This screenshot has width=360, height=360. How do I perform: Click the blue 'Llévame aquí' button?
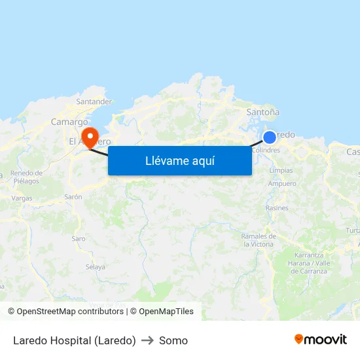[179, 160]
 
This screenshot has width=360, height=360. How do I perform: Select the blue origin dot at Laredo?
[269, 137]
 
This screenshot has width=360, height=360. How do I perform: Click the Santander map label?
[94, 101]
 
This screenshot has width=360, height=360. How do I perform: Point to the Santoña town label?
[262, 112]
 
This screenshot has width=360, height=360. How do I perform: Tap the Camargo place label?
[69, 122]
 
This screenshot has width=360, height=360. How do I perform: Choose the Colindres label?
[266, 150]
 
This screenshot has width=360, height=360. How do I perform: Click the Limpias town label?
[281, 170]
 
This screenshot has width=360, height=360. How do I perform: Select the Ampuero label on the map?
[282, 184]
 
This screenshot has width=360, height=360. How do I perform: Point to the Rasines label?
[277, 207]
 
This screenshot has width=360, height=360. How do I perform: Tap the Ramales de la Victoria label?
[257, 240]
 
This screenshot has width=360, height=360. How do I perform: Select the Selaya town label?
[96, 266]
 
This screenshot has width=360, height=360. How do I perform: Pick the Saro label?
[79, 238]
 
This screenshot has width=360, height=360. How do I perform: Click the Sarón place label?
[73, 196]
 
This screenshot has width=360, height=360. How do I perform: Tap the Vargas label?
[22, 197]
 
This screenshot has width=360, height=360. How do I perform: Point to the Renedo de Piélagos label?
[27, 177]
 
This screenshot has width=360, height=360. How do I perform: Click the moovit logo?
[320, 339]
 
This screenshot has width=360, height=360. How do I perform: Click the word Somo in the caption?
[173, 340]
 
